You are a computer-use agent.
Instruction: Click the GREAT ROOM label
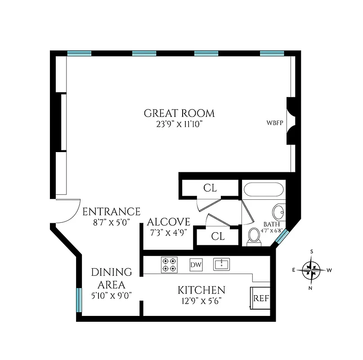(179, 113)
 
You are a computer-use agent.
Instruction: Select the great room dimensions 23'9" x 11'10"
(179, 124)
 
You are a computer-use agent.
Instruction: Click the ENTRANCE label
(111, 211)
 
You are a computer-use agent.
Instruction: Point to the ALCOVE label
(169, 222)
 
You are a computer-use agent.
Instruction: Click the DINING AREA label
(112, 278)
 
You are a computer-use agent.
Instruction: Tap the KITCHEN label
(201, 290)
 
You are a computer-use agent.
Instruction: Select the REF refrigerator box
(260, 298)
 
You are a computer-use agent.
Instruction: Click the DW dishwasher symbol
(196, 265)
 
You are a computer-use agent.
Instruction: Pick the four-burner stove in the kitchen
(169, 265)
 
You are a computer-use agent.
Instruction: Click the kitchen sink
(222, 264)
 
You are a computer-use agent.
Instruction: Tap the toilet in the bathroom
(255, 236)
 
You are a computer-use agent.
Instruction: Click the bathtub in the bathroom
(264, 190)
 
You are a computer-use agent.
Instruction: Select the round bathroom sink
(279, 211)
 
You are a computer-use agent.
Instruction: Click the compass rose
(311, 270)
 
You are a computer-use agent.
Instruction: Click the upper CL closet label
(210, 188)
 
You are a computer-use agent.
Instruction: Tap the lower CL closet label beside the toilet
(218, 236)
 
